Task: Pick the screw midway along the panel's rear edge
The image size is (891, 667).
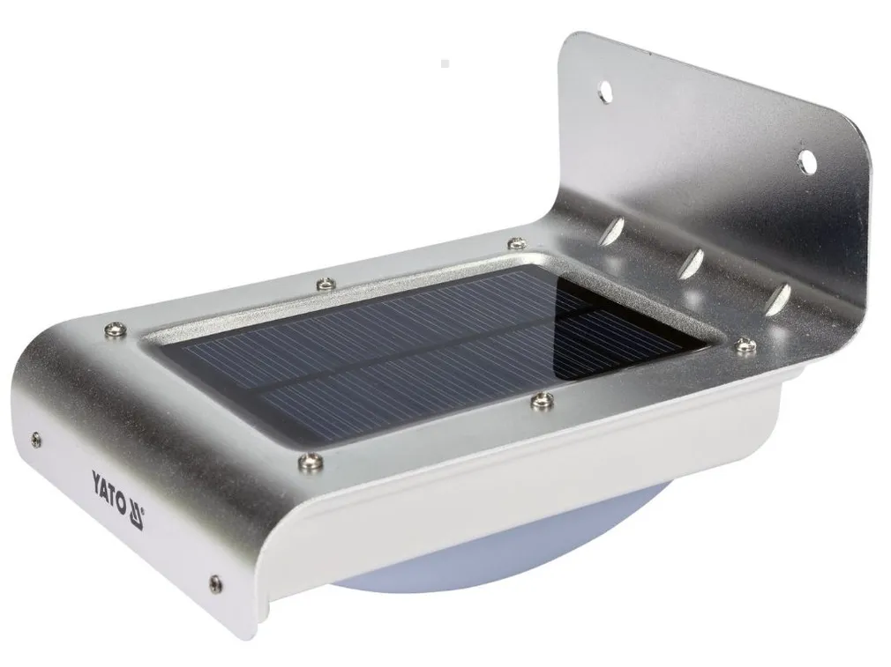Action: [326, 281]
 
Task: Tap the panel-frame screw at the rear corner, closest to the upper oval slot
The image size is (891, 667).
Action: [515, 243]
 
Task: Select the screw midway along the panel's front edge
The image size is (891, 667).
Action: [539, 401]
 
